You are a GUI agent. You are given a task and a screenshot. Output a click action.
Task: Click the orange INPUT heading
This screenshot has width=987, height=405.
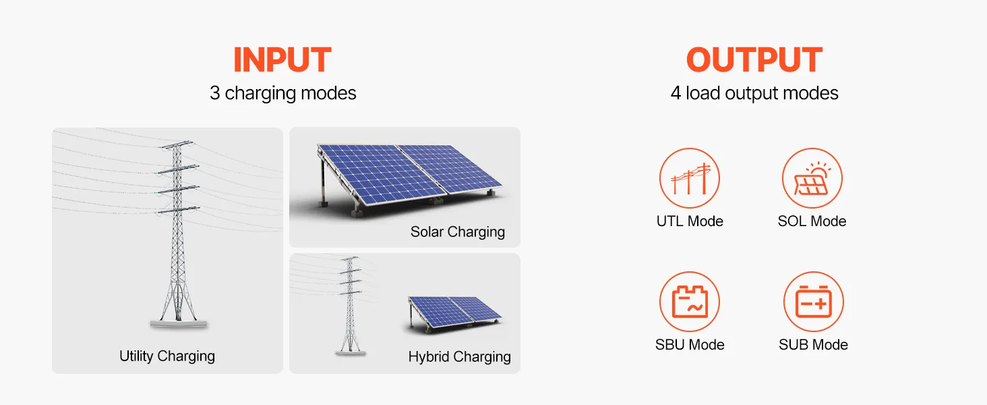click(x=282, y=60)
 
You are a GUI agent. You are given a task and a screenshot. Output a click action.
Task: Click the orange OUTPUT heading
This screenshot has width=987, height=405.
click(x=754, y=60)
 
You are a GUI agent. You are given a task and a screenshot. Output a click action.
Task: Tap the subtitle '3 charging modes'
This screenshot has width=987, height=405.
click(x=282, y=92)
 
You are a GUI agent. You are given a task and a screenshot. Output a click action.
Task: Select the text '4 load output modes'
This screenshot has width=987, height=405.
click(x=754, y=92)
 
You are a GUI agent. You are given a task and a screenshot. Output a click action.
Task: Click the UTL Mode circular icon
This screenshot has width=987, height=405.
click(x=689, y=179)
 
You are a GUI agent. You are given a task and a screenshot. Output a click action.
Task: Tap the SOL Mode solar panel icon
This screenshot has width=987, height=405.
click(x=812, y=179)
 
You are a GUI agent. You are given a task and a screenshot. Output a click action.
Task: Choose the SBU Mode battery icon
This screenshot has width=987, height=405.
click(x=689, y=302)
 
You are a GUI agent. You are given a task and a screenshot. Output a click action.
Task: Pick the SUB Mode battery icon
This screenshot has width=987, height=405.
click(x=813, y=302)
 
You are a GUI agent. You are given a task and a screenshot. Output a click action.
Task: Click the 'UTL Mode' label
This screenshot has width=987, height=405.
click(x=689, y=221)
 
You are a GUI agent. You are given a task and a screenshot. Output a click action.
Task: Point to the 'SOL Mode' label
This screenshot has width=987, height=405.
click(x=812, y=221)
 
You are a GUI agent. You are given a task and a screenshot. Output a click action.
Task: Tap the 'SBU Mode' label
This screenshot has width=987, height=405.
click(x=689, y=345)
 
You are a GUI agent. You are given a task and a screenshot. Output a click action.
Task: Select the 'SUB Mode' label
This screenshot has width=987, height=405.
click(x=813, y=345)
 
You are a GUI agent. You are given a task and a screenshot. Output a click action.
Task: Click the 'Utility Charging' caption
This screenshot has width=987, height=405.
click(x=167, y=356)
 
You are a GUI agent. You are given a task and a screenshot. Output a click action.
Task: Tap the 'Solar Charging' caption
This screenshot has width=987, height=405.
click(x=457, y=232)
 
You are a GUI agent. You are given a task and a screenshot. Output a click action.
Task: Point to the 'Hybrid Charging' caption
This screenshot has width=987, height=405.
click(x=459, y=356)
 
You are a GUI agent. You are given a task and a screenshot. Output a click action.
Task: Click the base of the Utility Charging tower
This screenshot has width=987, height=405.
click(x=178, y=324)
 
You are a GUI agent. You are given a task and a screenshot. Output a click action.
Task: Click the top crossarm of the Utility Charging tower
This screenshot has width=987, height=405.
click(x=176, y=144)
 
